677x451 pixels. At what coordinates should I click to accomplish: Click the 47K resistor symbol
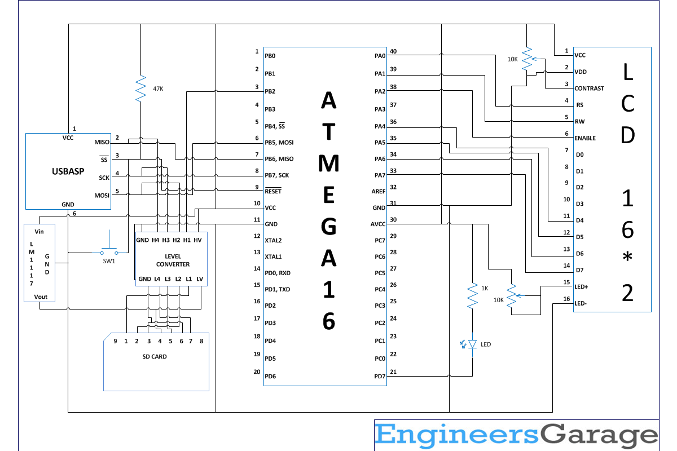pos(140,89)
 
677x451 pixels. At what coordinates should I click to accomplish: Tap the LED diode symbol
pos(472,344)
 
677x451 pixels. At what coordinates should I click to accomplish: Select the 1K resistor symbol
pos(472,296)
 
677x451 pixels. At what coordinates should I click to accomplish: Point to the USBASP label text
pos(68,171)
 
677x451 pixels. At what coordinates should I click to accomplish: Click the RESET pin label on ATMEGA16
pos(273,191)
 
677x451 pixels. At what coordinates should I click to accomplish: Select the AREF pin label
pos(379,191)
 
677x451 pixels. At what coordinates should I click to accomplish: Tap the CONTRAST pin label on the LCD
pos(589,88)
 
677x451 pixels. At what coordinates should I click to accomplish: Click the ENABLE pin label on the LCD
pos(585,138)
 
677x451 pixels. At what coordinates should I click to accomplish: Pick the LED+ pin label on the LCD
pos(581,287)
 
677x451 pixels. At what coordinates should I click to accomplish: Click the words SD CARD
pos(155,356)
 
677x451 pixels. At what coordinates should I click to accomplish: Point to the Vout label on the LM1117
pos(41,297)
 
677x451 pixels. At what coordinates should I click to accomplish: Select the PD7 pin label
pos(380,377)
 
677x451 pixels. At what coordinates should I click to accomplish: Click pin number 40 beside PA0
pos(393,51)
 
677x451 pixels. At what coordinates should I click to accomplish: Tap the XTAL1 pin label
pos(273,257)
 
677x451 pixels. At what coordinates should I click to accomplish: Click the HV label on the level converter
pos(197,240)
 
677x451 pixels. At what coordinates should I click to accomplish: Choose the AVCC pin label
pos(378,224)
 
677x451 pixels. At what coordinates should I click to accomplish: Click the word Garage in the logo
pos(599,435)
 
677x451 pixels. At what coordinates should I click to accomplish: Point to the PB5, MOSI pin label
pos(279,143)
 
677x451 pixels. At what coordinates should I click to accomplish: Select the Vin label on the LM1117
pos(39,232)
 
